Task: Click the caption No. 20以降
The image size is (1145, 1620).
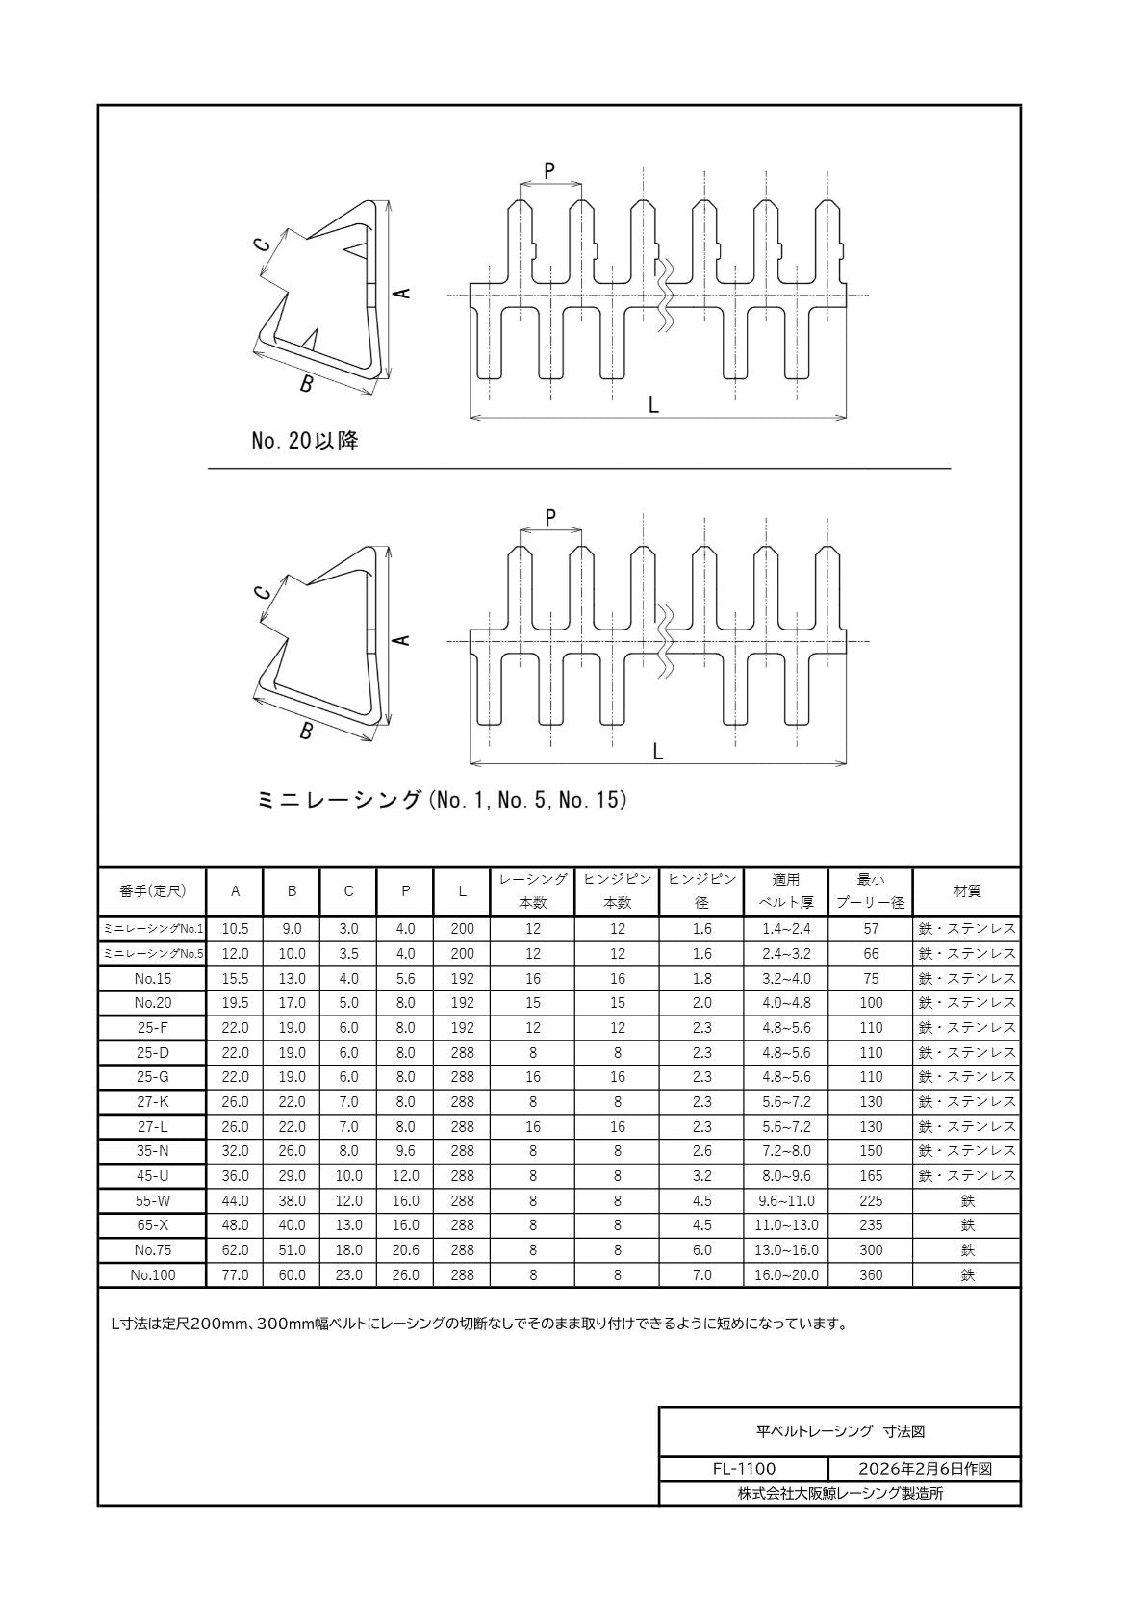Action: tap(304, 442)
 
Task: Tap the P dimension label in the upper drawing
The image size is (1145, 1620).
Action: tap(549, 171)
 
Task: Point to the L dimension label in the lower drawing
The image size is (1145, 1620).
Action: tap(658, 752)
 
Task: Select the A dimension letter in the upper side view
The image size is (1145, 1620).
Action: tap(404, 293)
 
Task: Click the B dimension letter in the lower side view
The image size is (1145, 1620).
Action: tap(306, 732)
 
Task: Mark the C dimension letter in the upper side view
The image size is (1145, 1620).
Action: tap(263, 244)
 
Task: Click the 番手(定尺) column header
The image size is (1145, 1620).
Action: tap(152, 891)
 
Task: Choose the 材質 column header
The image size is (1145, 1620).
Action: tap(966, 891)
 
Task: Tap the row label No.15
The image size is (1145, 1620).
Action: tap(152, 979)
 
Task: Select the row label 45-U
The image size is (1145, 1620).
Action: tap(152, 1176)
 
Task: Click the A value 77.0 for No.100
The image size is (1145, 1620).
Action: tap(235, 1275)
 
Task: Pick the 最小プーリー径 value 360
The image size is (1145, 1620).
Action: tap(870, 1275)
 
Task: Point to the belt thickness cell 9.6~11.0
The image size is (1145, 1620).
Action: tap(786, 1201)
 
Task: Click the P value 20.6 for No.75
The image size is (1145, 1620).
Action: tap(405, 1250)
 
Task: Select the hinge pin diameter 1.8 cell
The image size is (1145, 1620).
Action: tap(701, 979)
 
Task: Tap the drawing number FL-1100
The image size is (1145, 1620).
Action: tap(744, 1469)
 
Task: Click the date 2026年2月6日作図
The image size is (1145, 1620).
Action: tap(924, 1469)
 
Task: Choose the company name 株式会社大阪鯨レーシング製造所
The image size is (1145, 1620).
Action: tap(840, 1494)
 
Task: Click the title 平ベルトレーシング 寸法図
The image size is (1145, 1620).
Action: tap(840, 1432)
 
